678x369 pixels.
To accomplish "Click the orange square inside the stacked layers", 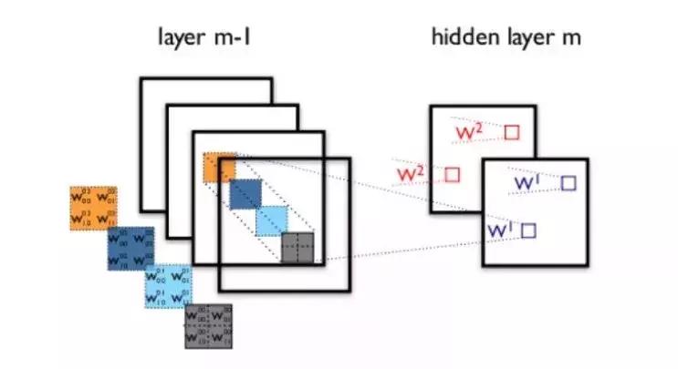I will click(x=220, y=168).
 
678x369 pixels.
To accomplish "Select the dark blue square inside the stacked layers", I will click(x=245, y=193).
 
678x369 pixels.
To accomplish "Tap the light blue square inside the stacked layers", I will click(x=271, y=220).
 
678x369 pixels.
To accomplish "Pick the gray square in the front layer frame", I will click(x=297, y=247).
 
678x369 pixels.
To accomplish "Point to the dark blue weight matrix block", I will click(x=130, y=248).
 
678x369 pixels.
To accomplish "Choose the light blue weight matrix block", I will click(x=168, y=286).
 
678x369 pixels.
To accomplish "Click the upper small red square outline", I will click(x=511, y=132).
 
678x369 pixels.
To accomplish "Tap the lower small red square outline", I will click(x=452, y=173).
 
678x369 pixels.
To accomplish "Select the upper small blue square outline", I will click(x=568, y=183).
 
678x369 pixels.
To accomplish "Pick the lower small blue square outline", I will click(x=527, y=231).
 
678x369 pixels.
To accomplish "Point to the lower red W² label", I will click(x=410, y=172).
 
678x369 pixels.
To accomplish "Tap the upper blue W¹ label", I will click(x=529, y=183).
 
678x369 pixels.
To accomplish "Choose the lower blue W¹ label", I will click(x=501, y=231).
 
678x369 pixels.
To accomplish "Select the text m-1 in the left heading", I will click(x=243, y=39).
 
